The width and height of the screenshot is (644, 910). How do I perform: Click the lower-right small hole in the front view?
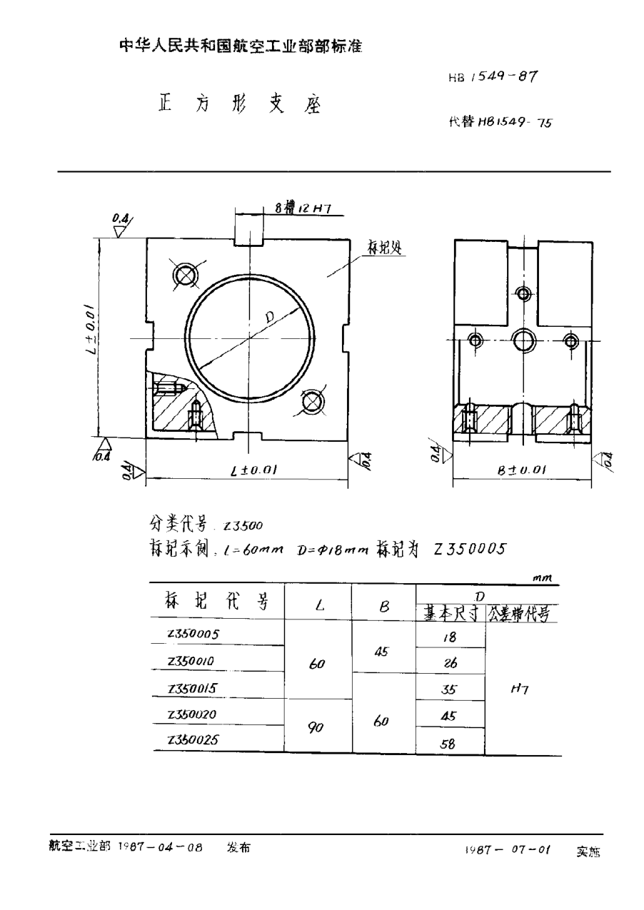(x=312, y=403)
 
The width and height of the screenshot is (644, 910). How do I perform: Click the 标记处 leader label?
(x=386, y=247)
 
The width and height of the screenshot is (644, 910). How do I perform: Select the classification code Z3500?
(x=244, y=526)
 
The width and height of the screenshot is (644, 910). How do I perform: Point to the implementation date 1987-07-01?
(x=508, y=850)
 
